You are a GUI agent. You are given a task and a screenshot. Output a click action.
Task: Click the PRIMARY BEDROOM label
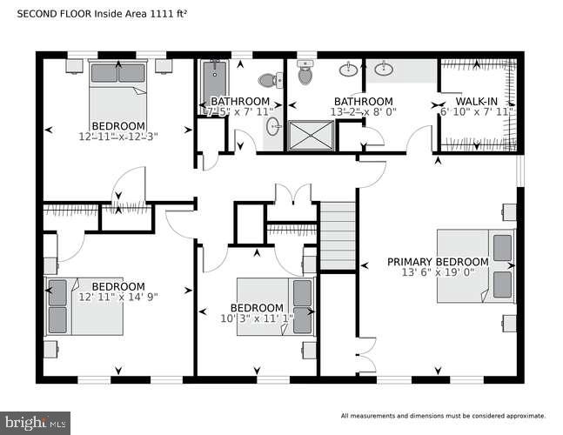point(438,262)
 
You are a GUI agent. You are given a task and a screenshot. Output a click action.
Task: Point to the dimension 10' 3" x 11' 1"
point(257,319)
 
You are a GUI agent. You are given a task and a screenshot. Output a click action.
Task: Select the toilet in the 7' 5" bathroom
point(276,79)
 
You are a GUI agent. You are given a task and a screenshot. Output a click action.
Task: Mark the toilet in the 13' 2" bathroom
point(305,75)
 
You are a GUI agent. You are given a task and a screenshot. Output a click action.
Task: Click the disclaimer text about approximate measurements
point(443,416)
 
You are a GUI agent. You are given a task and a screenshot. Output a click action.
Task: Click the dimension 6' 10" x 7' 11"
point(477,112)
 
